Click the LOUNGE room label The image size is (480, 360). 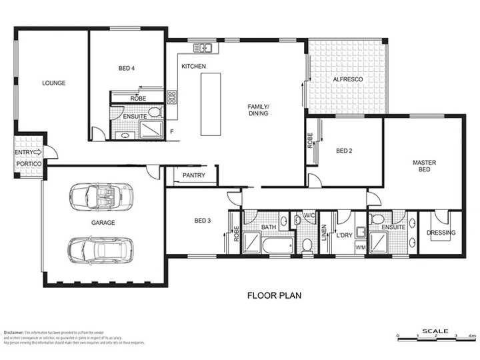tap(53, 83)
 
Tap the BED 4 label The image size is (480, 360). tap(126, 68)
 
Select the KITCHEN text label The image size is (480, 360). tap(193, 67)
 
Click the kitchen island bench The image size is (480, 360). tap(210, 104)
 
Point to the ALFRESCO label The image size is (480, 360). tap(347, 80)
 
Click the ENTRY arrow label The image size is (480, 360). tap(28, 152)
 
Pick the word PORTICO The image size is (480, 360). tap(29, 164)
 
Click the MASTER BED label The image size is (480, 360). tap(424, 166)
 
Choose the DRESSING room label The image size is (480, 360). tap(441, 233)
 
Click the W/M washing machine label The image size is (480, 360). tap(361, 248)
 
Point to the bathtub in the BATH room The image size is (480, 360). tap(275, 247)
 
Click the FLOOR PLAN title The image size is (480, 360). tap(275, 295)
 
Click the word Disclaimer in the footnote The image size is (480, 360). tap(13, 331)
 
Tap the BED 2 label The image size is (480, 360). tap(344, 151)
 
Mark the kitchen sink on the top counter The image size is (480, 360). tap(203, 48)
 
